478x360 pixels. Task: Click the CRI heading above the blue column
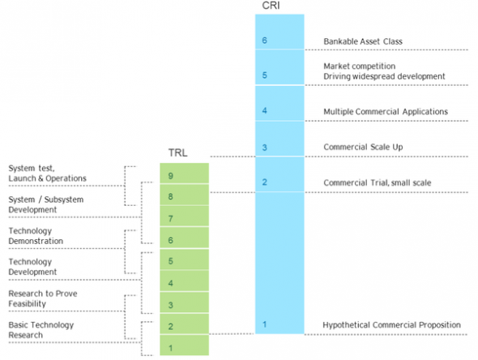pyautogui.click(x=271, y=6)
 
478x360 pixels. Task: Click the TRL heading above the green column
pyautogui.click(x=178, y=152)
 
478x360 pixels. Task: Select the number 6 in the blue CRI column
pyautogui.click(x=264, y=41)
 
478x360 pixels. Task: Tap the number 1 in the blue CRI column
pyautogui.click(x=264, y=324)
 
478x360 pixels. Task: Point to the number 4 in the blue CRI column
pyautogui.click(x=264, y=110)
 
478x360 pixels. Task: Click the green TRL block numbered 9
pyautogui.click(x=185, y=173)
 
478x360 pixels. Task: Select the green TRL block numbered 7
pyautogui.click(x=185, y=216)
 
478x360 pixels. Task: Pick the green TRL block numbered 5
pyautogui.click(x=185, y=259)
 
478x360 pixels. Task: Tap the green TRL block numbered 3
pyautogui.click(x=185, y=302)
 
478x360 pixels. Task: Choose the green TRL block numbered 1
pyautogui.click(x=185, y=345)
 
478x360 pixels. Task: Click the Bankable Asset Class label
pyautogui.click(x=363, y=41)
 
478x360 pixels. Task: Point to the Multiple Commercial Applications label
pyautogui.click(x=386, y=112)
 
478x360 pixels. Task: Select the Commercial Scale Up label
pyautogui.click(x=363, y=147)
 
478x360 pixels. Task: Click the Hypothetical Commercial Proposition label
pyautogui.click(x=392, y=325)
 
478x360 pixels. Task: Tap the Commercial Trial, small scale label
pyautogui.click(x=378, y=182)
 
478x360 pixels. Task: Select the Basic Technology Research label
pyautogui.click(x=41, y=330)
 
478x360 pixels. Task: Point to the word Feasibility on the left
pyautogui.click(x=27, y=304)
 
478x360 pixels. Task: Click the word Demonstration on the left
pyautogui.click(x=36, y=241)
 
